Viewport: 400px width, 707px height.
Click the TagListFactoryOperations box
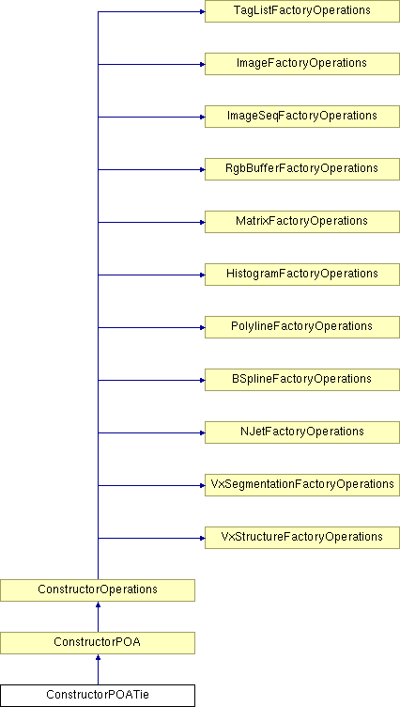[x=301, y=11]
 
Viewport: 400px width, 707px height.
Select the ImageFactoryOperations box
[x=301, y=64]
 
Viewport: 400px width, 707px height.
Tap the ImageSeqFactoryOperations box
[x=301, y=117]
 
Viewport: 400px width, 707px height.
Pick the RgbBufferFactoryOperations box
[x=301, y=169]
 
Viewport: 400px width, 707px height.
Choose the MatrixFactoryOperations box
[x=301, y=222]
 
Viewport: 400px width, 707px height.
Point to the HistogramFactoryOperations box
[x=301, y=275]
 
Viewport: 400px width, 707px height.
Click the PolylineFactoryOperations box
[x=301, y=327]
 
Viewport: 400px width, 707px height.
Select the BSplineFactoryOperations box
[x=301, y=380]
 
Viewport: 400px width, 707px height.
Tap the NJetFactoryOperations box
[x=301, y=432]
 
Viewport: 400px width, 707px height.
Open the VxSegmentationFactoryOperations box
[x=301, y=485]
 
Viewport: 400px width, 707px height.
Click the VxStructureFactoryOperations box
[x=301, y=538]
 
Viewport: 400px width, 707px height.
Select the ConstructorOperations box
[x=98, y=590]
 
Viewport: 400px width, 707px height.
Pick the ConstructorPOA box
[x=98, y=643]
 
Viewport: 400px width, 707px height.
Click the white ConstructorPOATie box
[x=98, y=696]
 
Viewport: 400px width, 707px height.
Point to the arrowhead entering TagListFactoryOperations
[x=202, y=11]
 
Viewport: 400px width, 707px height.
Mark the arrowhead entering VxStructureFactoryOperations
[x=202, y=538]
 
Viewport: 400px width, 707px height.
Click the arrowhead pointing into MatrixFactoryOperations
[x=202, y=222]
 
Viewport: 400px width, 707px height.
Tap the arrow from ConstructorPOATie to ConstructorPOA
[x=98, y=669]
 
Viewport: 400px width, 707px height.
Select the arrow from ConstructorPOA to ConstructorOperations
[x=98, y=617]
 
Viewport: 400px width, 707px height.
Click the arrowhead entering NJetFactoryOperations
[x=202, y=432]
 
